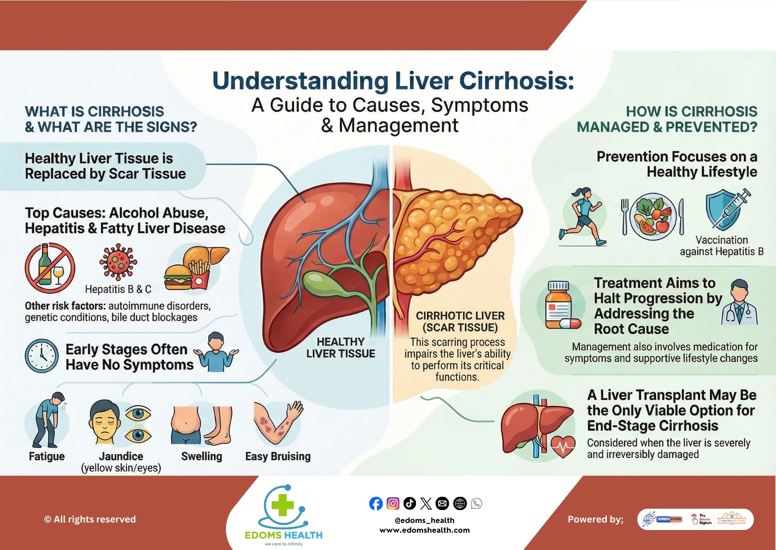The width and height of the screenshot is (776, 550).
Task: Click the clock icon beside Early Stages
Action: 42,356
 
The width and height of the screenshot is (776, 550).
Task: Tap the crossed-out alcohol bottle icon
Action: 50,268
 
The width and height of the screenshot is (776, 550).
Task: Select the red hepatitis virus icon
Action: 118,262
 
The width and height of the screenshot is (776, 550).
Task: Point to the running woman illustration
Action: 582,216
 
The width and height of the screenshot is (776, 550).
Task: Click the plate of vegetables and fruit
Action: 653,216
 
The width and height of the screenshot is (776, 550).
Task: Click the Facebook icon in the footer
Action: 376,503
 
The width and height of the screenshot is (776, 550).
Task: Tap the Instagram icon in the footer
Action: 392,503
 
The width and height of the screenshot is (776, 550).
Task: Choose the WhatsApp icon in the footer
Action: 476,503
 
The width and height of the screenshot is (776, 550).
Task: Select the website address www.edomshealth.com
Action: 424,530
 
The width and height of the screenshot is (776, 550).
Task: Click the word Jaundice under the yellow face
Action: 121,456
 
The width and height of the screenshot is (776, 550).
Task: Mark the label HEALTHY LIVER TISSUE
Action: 340,348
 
